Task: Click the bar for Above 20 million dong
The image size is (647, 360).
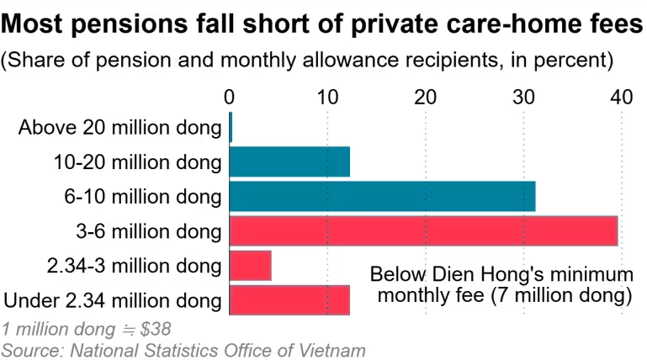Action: (231, 127)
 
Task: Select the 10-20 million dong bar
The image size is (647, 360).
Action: (289, 161)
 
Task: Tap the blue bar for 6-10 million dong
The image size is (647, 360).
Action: (383, 196)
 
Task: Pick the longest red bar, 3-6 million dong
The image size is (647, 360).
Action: (424, 231)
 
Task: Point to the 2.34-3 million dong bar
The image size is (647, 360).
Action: (251, 266)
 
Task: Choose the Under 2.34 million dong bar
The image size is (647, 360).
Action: (289, 300)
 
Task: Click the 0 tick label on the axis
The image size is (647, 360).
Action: (229, 98)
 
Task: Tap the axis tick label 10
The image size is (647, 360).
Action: (327, 98)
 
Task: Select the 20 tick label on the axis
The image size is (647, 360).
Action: (426, 98)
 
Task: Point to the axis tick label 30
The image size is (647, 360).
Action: (523, 98)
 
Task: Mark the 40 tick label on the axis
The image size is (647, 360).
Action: (622, 98)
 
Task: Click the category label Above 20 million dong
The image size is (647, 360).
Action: (120, 128)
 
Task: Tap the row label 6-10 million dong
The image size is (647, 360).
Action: (143, 197)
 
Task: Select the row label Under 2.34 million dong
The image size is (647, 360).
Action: (113, 300)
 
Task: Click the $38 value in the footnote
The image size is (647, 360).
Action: (155, 329)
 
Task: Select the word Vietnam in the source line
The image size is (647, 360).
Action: (331, 351)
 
